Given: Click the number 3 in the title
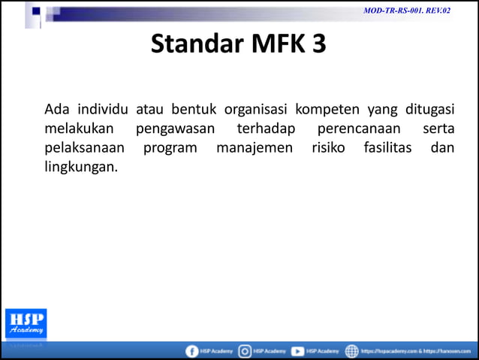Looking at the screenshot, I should point(319,44).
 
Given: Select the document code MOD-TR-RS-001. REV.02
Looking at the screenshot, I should point(406,11).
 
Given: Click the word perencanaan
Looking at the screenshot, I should point(358,129).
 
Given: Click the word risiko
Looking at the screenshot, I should point(328,148).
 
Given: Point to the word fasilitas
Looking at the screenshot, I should point(387,148).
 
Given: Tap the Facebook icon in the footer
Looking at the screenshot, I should point(191,351).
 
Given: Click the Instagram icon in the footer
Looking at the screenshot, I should point(245,351).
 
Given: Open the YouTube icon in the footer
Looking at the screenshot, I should point(297,351).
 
